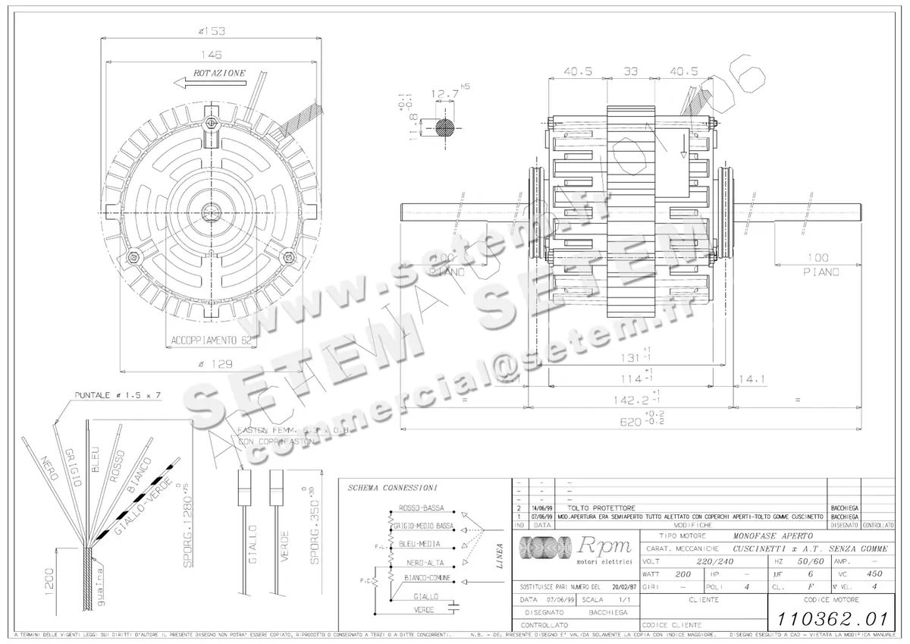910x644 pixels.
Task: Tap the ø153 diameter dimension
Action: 212,31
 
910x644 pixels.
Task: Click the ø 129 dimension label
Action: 212,365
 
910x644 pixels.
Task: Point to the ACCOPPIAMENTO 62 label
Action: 210,340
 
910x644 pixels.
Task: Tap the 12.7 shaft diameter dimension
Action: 444,95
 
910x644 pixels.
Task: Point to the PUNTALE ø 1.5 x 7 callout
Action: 118,396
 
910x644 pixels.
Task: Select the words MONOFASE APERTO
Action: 767,536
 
